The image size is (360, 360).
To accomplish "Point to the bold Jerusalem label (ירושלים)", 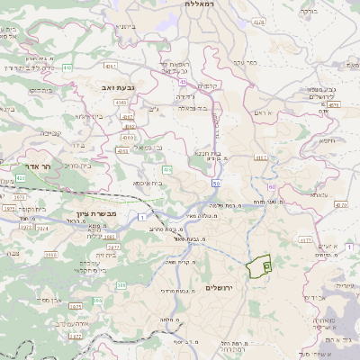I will [x=219, y=287].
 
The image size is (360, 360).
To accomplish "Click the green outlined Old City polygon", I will [x=259, y=267].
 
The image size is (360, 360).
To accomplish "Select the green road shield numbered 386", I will [x=121, y=286].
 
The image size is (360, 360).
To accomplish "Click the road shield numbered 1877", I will [x=76, y=336].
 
